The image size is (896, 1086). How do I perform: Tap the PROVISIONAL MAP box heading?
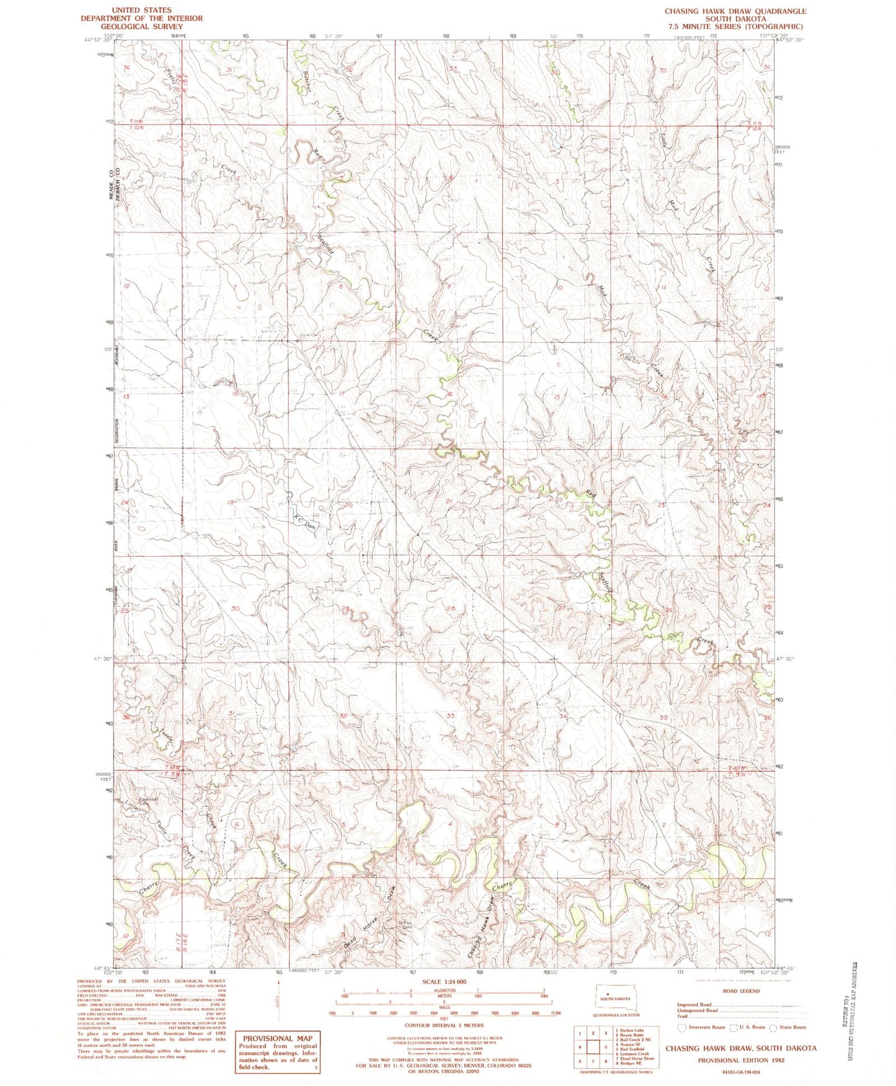click(x=277, y=1038)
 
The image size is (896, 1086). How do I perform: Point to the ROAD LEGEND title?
click(x=741, y=991)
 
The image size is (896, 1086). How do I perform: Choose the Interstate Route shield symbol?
click(x=682, y=1027)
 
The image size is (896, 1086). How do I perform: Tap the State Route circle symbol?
click(x=773, y=1027)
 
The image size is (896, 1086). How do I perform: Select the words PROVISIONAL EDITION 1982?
click(x=741, y=1060)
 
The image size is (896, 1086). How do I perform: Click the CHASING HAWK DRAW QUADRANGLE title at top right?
click(x=735, y=11)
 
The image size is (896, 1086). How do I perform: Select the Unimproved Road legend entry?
click(x=698, y=1010)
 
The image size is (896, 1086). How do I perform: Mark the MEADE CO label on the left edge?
click(x=112, y=184)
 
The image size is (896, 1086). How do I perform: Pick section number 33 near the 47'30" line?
click(x=450, y=715)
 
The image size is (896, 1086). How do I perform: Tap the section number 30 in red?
click(x=235, y=608)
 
